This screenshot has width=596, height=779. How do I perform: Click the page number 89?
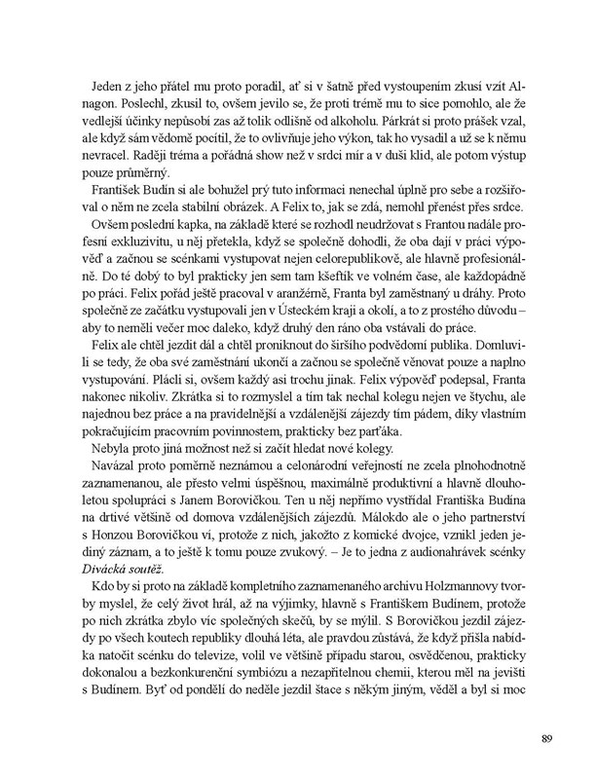tap(547, 735)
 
